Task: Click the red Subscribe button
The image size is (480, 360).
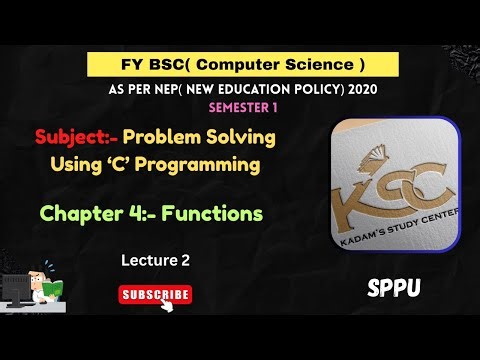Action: point(155,294)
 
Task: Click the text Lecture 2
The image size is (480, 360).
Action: point(155,259)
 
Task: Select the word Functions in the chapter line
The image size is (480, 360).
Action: point(215,213)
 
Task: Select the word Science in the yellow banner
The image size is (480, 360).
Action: point(311,65)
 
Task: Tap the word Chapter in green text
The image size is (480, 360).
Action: point(82,213)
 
